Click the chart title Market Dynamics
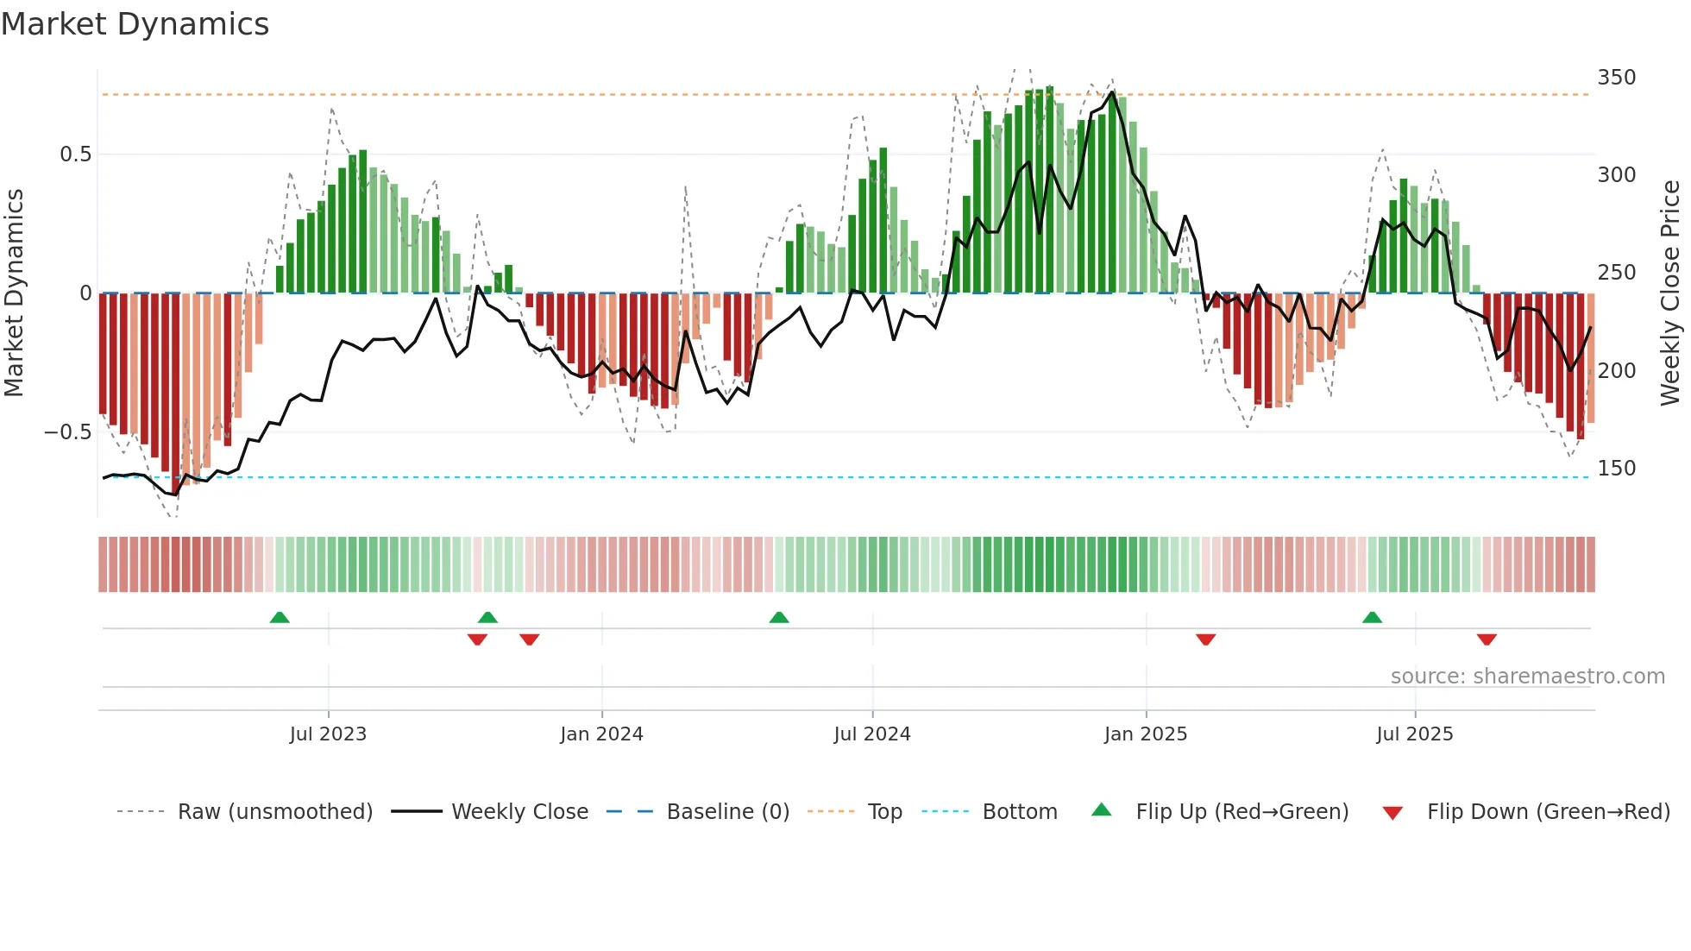pos(135,24)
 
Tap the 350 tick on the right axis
pos(1616,78)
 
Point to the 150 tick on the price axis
pos(1616,469)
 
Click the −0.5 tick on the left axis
pos(68,432)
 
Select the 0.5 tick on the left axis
pos(75,154)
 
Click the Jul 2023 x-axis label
pos(328,734)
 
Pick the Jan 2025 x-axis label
pos(1146,734)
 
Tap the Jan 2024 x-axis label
pos(601,734)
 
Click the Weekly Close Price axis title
pos(1670,293)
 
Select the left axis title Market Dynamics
pos(14,293)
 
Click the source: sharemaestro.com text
pos(1527,677)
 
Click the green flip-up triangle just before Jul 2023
pos(280,618)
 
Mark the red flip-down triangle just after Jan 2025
pos(1205,639)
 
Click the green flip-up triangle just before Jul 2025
pos(1372,618)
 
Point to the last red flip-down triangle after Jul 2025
pos(1487,639)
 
